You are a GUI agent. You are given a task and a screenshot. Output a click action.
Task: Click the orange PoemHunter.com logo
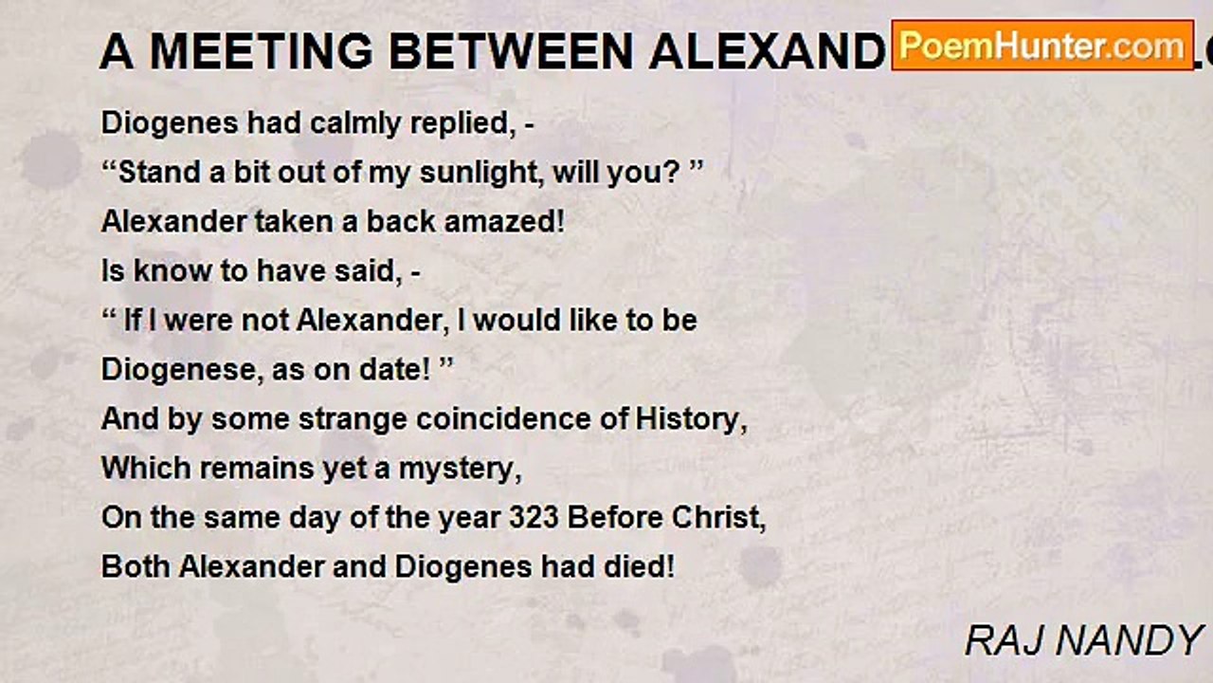coord(1042,46)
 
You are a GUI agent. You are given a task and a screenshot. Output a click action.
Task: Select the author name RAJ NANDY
coord(1083,641)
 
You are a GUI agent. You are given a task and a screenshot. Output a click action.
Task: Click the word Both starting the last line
coord(136,567)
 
